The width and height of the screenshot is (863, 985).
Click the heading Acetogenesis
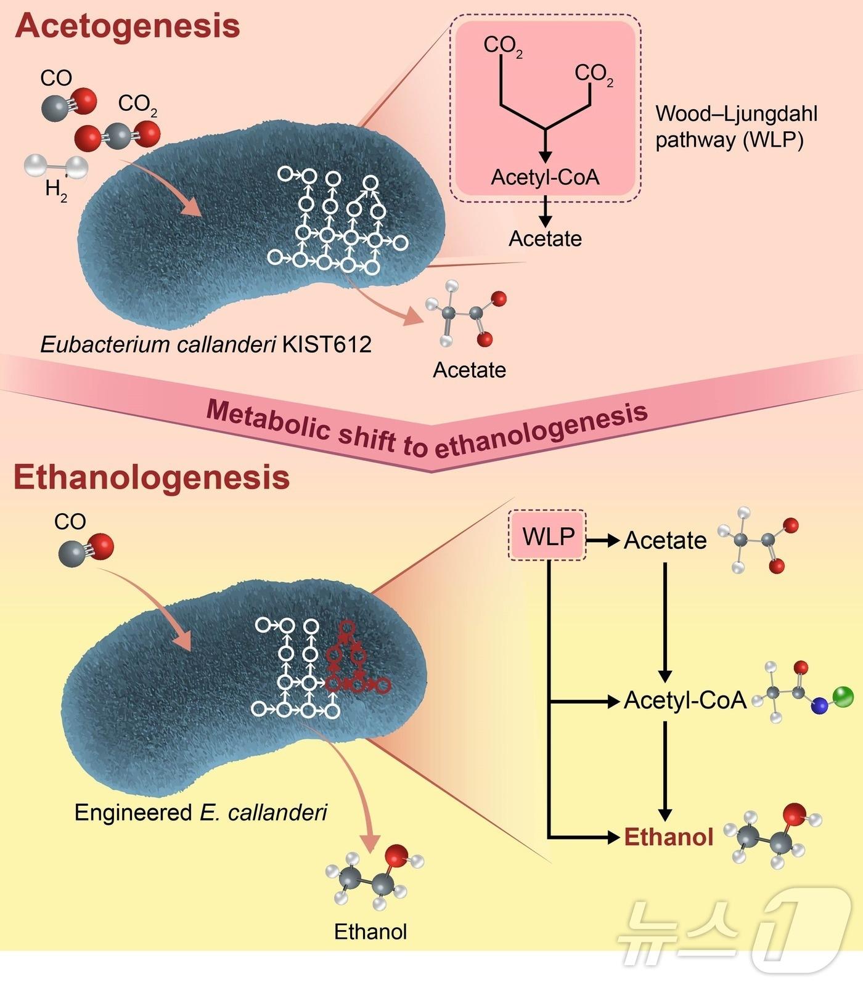128,26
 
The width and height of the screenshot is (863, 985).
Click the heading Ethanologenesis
152,477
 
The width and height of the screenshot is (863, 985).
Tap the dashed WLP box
547,536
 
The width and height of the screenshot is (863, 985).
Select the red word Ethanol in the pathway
668,837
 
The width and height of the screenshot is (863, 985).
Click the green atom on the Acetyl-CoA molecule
843,697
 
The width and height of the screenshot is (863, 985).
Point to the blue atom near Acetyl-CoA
819,707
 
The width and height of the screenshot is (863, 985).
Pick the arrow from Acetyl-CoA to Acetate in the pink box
545,213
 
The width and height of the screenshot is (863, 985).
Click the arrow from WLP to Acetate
602,541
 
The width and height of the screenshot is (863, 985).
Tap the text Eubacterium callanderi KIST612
206,344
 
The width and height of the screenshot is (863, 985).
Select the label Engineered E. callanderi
200,813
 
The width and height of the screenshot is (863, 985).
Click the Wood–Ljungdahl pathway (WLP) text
736,127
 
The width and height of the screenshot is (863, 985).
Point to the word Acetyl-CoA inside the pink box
545,177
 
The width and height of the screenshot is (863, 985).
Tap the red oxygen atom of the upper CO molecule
84,101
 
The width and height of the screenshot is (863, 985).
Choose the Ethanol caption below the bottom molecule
370,931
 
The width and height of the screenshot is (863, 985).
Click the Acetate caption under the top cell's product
469,370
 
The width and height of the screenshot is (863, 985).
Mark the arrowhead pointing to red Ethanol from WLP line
613,837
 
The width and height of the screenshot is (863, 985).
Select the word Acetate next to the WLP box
665,540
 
